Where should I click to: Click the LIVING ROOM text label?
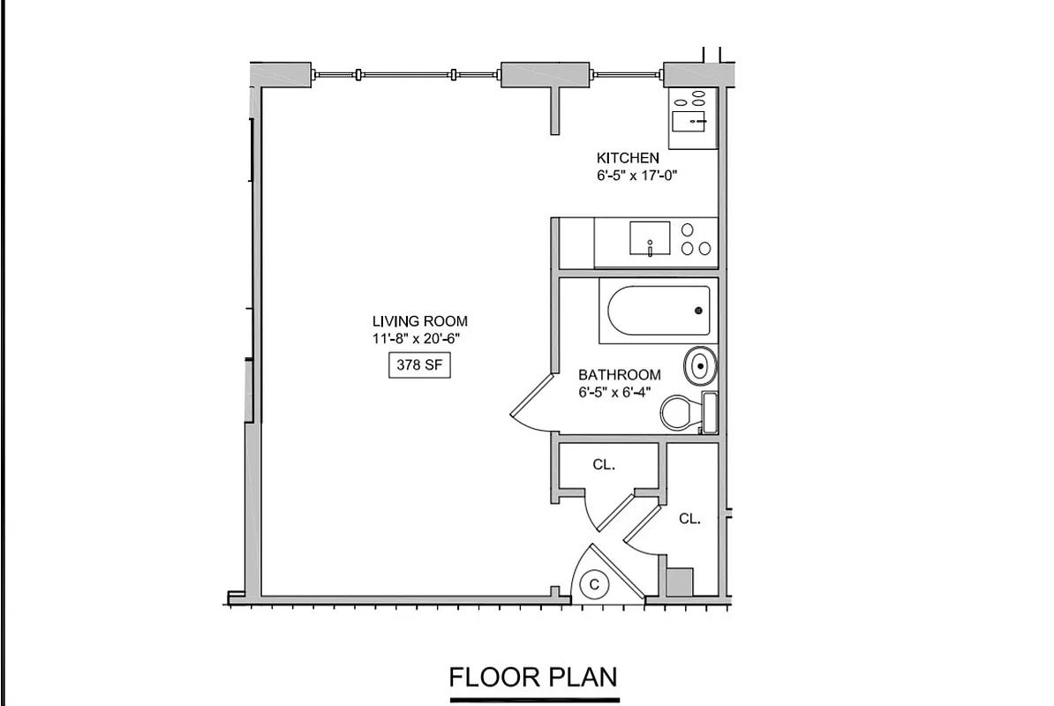[x=419, y=321]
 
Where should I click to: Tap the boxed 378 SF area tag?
[x=420, y=365]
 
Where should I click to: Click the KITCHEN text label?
[x=628, y=158]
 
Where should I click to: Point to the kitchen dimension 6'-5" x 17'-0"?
[x=642, y=175]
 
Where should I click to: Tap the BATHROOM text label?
[x=620, y=375]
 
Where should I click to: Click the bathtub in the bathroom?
[x=658, y=311]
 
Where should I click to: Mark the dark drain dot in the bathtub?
[x=698, y=311]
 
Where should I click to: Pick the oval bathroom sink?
[x=701, y=366]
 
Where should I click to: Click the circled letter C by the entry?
[x=595, y=583]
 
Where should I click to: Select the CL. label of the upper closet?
[x=604, y=464]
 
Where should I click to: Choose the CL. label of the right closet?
[x=689, y=520]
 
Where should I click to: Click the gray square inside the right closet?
[x=679, y=582]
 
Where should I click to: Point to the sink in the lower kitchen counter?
[x=650, y=237]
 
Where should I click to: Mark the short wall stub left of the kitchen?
[x=554, y=110]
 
